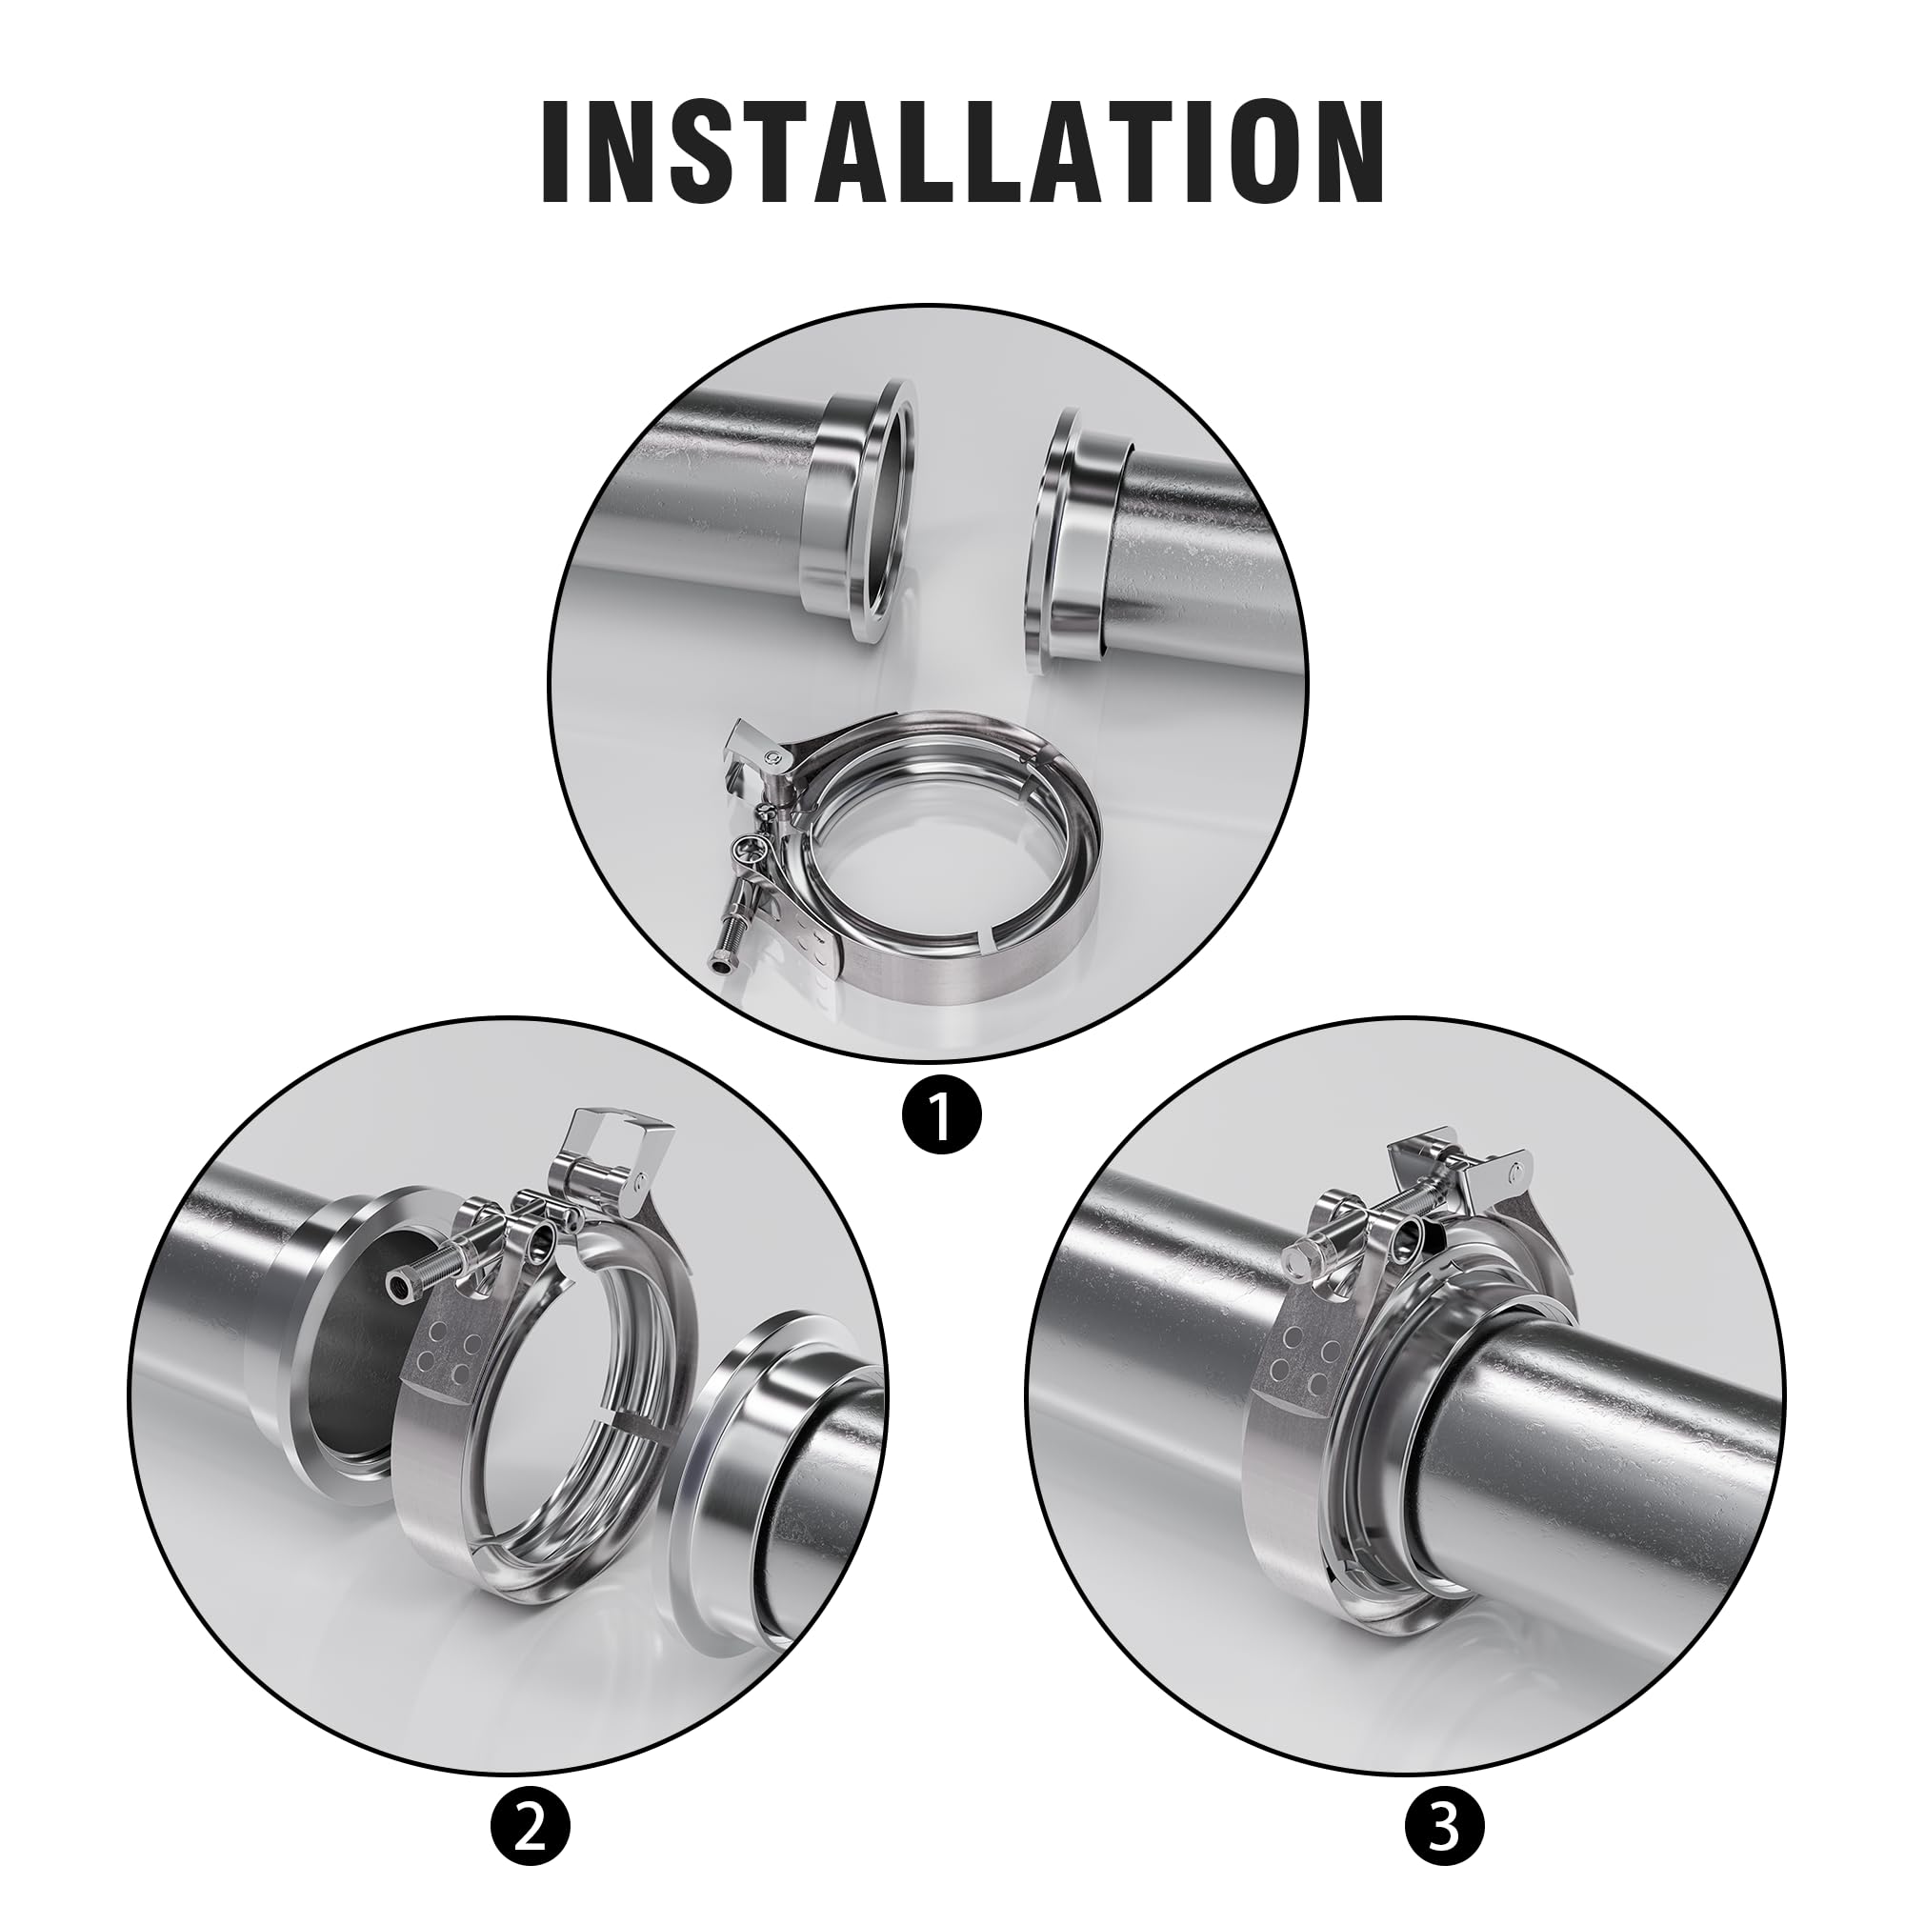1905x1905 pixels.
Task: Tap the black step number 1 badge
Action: tap(941, 1114)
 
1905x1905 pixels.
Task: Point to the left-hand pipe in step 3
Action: tap(1153, 1272)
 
